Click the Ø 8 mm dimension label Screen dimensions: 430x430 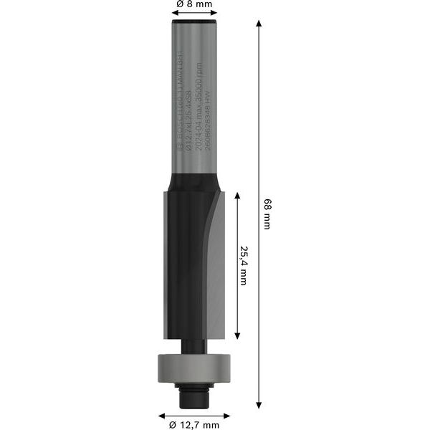tap(194, 5)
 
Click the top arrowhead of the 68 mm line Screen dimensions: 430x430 tap(259, 23)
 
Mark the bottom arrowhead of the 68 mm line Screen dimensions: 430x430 tap(259, 406)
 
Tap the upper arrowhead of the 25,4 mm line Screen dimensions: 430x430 tap(236, 193)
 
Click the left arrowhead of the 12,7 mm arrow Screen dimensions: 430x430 tap(162, 414)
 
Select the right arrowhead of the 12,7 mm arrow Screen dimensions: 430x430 tap(227, 414)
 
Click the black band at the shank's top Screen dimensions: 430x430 tap(195, 27)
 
